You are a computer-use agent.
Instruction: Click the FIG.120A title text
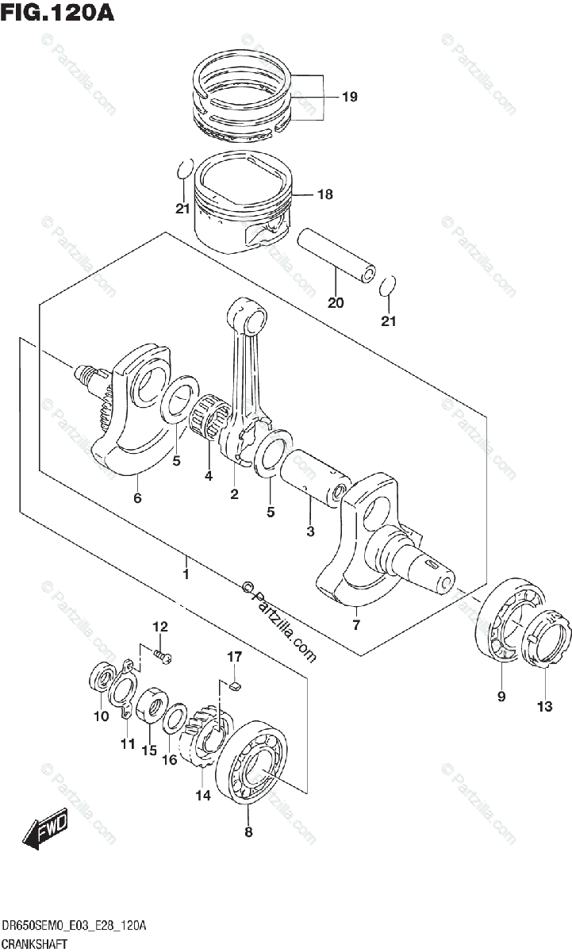click(x=57, y=12)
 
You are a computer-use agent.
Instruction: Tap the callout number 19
click(x=350, y=97)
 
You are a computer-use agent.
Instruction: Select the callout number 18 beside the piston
click(x=325, y=194)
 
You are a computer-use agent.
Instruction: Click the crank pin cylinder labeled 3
click(x=314, y=478)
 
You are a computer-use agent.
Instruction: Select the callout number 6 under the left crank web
click(x=137, y=497)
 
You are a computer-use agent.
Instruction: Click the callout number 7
click(x=356, y=624)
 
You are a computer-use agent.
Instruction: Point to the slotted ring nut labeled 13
click(x=545, y=638)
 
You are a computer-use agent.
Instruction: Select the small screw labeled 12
click(x=163, y=656)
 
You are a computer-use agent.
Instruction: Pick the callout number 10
click(x=101, y=716)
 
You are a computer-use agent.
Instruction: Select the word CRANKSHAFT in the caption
click(x=34, y=944)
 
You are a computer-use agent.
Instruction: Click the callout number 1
click(x=186, y=574)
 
